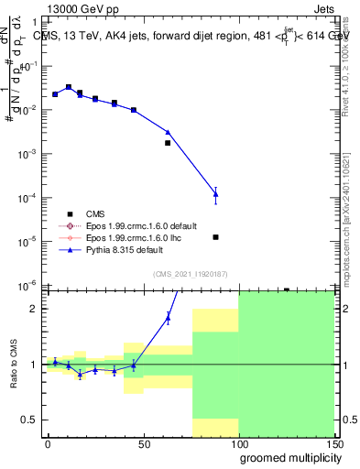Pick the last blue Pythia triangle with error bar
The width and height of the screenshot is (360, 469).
point(215,193)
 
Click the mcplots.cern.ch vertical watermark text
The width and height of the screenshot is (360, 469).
point(350,220)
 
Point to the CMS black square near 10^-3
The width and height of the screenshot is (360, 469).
point(168,143)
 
